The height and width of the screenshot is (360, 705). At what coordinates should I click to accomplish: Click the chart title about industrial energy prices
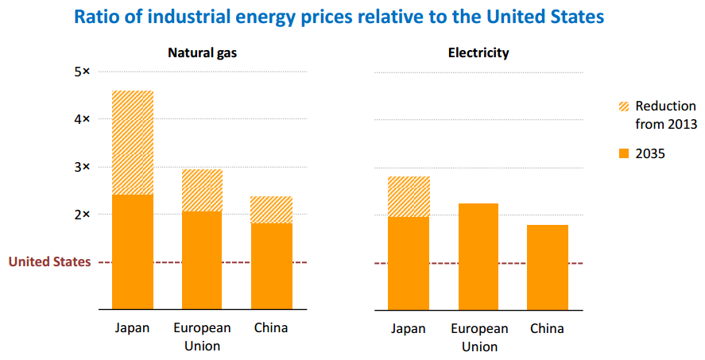coord(351,17)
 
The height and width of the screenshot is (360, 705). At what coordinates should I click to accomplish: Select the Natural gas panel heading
coord(202,53)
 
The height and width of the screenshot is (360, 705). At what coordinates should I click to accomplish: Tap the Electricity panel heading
coord(478,53)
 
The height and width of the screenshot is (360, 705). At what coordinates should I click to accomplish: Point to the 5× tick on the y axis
coord(83,72)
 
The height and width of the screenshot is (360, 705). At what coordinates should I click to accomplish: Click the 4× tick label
coord(83,119)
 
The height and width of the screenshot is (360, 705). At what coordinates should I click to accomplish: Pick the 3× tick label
coord(83,167)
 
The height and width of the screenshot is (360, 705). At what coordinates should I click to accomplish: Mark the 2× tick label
coord(83,215)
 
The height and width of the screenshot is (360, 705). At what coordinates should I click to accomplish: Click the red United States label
coord(49,262)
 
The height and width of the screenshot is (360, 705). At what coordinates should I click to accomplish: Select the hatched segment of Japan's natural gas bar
coord(133,143)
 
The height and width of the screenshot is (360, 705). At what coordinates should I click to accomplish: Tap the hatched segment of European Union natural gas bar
coord(202,190)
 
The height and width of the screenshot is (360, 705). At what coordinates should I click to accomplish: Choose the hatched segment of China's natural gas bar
coord(272,210)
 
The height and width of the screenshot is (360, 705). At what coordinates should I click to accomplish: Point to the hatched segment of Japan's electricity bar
coord(409,196)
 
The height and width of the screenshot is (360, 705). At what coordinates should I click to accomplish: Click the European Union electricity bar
coord(478,256)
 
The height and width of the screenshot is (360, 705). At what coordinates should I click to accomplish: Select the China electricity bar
coord(548,267)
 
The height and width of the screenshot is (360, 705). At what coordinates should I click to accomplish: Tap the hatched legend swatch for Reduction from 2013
coord(624,106)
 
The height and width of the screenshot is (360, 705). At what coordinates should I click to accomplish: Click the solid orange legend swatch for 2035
coord(624,153)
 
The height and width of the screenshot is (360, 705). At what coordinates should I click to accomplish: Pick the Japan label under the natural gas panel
coord(132,328)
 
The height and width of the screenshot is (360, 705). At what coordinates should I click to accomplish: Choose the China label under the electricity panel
coord(547,328)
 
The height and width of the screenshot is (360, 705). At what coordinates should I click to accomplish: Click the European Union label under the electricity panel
coord(478,337)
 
